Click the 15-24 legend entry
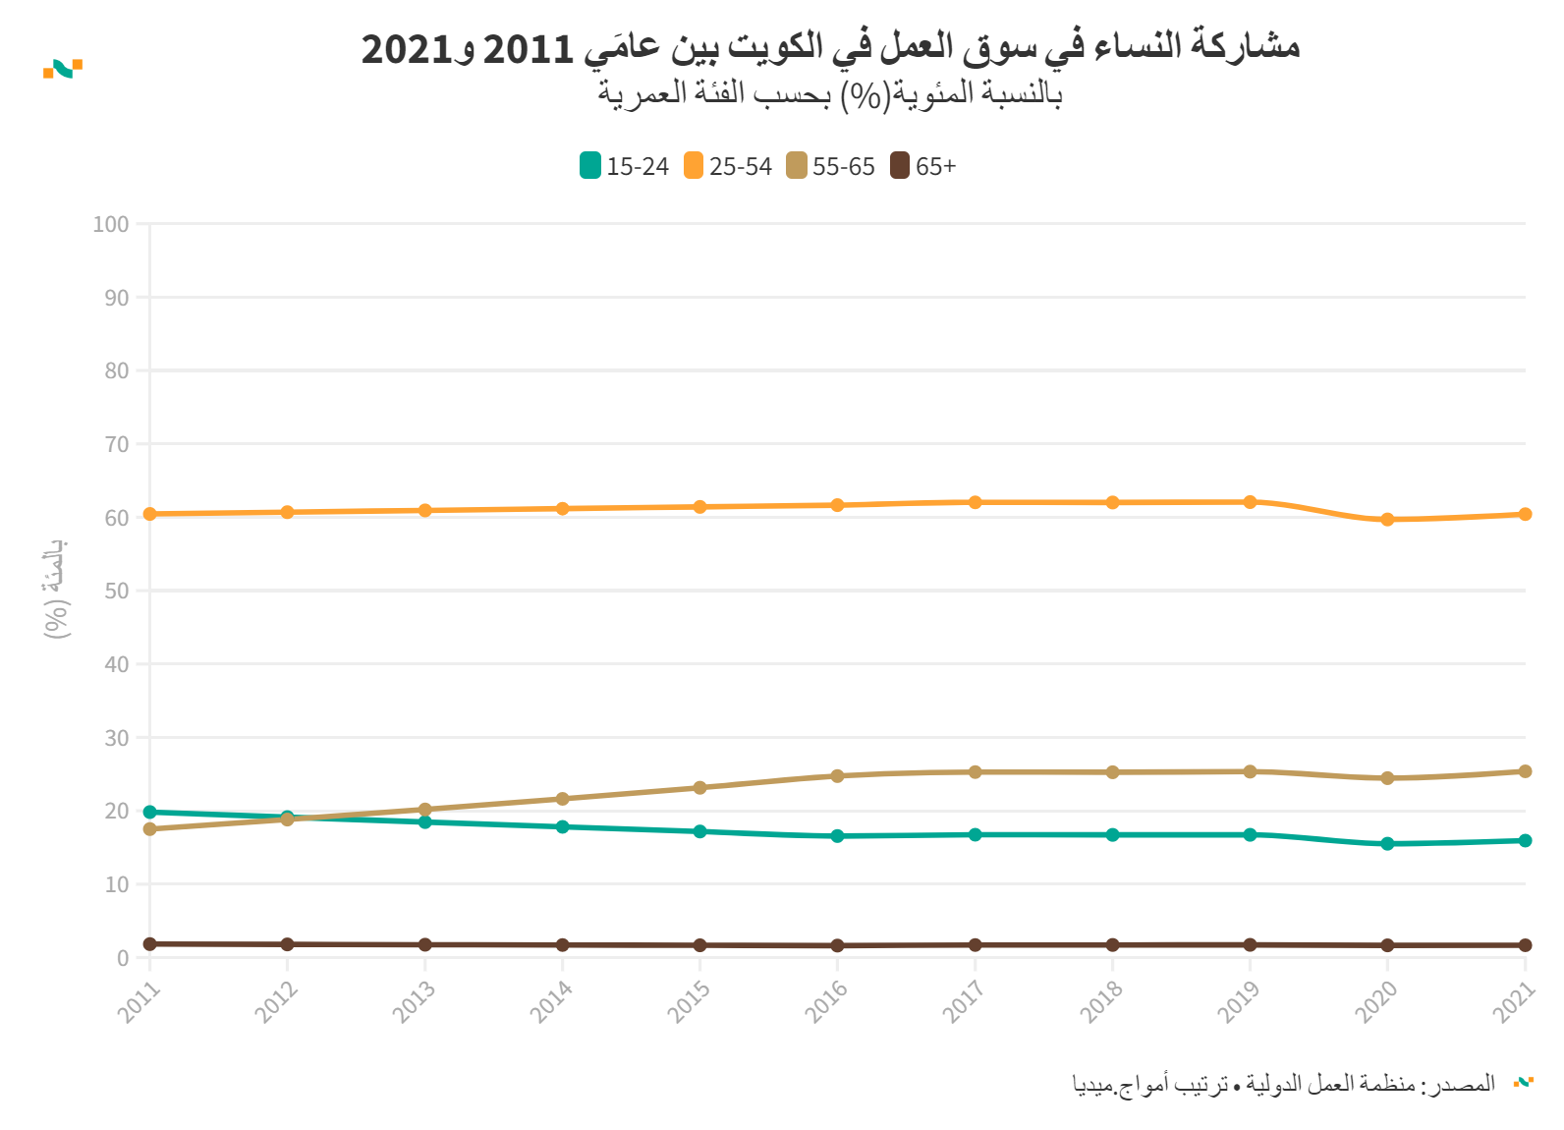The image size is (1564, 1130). [625, 166]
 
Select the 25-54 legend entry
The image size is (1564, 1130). [728, 166]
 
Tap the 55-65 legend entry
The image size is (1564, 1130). [831, 166]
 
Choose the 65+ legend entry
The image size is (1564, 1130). [923, 166]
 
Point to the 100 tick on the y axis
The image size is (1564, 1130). [111, 224]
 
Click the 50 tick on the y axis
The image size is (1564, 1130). [117, 591]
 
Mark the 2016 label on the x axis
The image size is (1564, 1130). [827, 1002]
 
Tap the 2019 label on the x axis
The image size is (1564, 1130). [1240, 1002]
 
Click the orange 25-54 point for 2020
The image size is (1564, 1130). [1387, 520]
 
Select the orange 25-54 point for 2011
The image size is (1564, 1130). [150, 514]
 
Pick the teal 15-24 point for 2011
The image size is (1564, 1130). [150, 812]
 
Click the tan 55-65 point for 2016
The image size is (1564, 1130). [837, 776]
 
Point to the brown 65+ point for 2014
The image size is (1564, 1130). [562, 945]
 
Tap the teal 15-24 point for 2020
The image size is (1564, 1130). [1387, 844]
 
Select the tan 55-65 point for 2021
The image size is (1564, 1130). [1525, 771]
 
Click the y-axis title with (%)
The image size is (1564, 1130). [57, 590]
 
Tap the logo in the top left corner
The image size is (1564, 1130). [63, 68]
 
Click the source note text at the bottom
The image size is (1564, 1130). [1283, 1084]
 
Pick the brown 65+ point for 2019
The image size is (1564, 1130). [1250, 945]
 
